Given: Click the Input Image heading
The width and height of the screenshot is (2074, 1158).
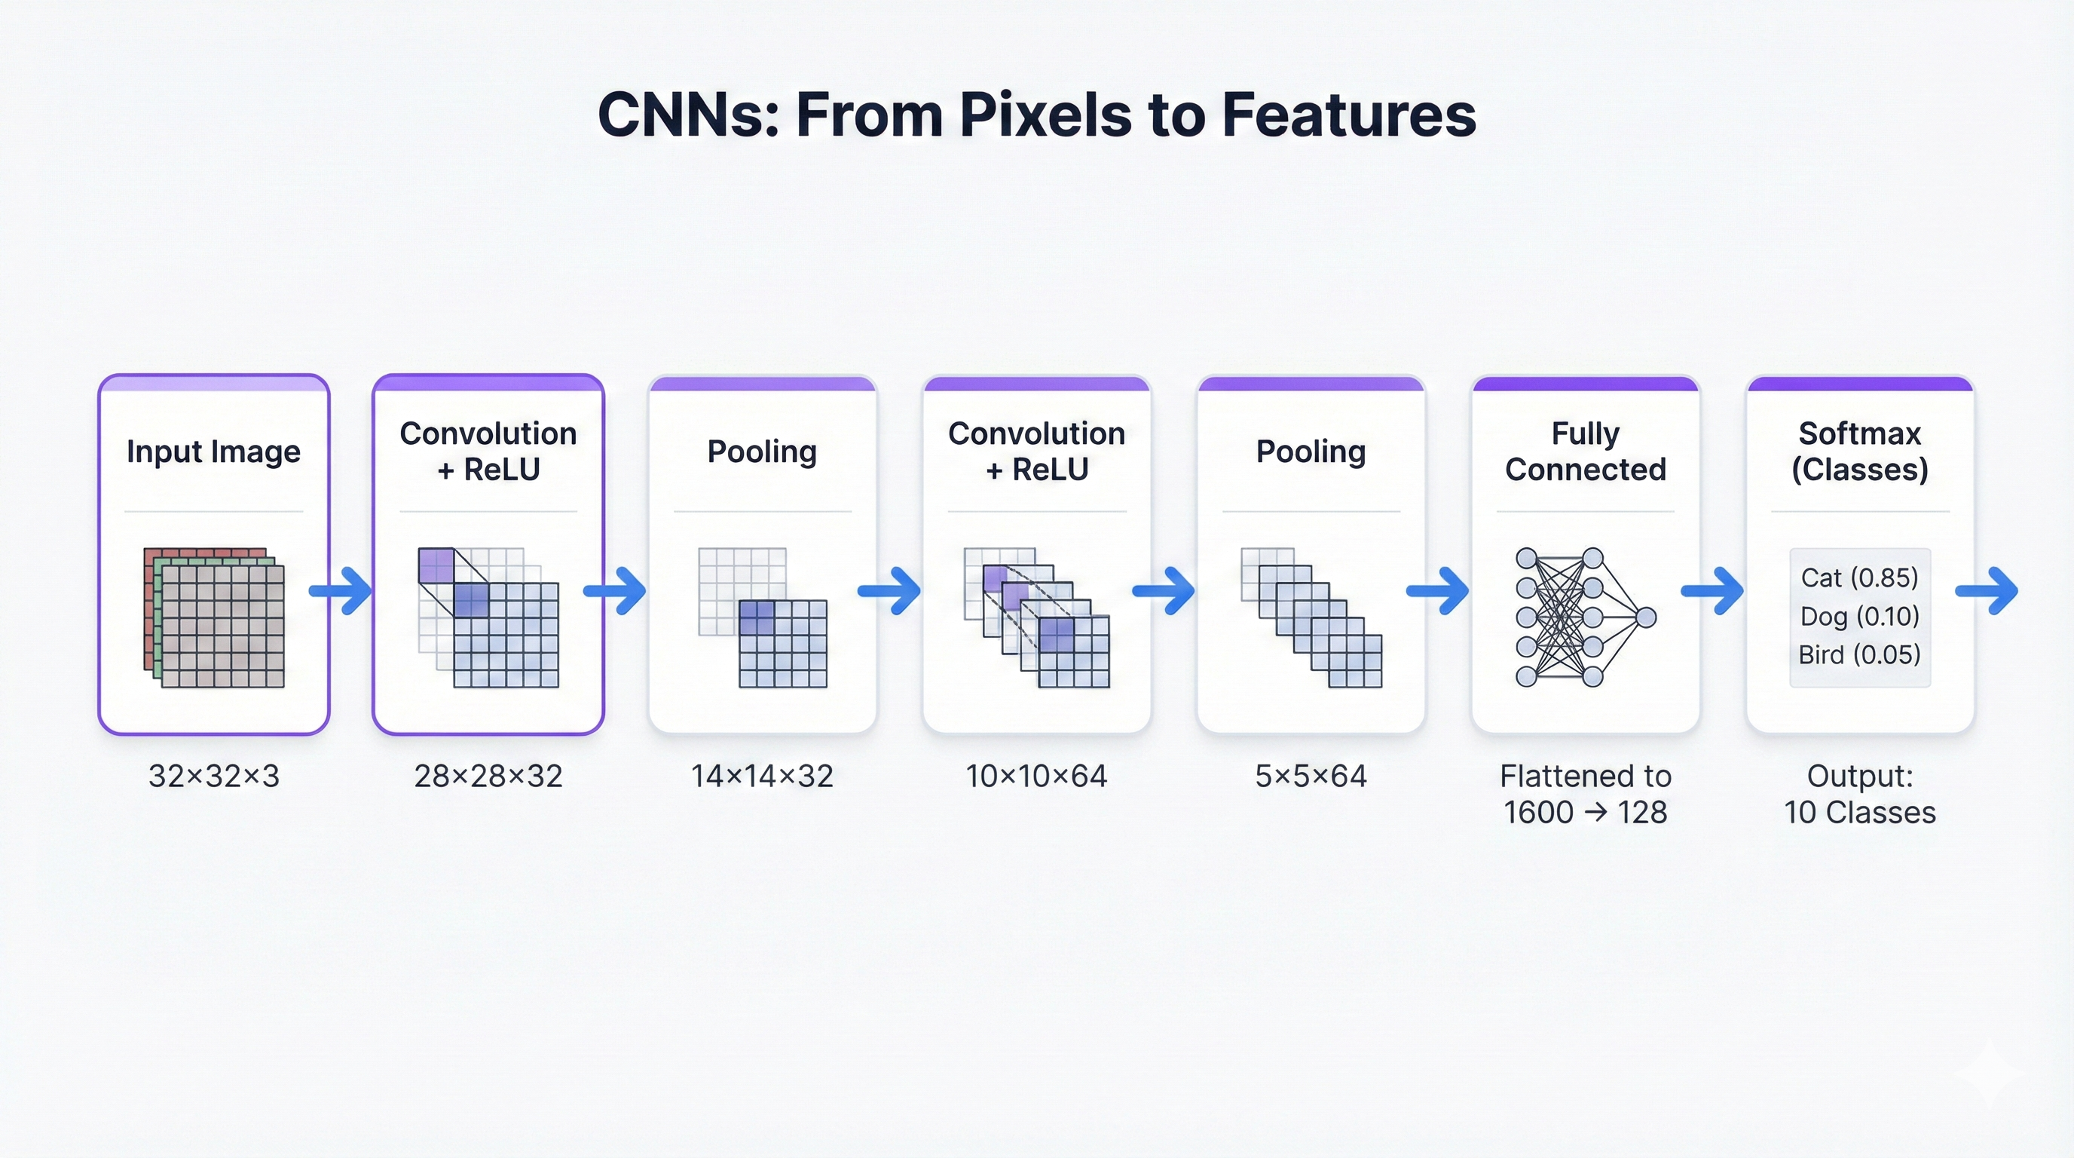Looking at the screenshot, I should (213, 451).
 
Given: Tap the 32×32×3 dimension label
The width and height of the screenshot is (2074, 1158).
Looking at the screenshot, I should (214, 777).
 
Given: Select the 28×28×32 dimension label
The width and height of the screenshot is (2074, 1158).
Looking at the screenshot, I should (488, 777).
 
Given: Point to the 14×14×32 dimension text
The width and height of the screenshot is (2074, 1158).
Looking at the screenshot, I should (762, 777).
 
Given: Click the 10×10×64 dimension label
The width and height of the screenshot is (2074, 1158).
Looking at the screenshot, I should (1036, 777).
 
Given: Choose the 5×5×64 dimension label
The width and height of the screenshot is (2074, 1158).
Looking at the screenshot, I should (1311, 777).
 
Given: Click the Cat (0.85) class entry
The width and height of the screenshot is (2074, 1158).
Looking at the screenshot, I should (1859, 577).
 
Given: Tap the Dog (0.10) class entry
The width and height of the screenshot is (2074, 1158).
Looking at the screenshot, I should (1859, 616).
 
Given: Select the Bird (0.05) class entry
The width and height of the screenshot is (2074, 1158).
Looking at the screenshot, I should (1859, 654).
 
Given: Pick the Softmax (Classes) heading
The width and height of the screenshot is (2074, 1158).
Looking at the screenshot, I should (1859, 451).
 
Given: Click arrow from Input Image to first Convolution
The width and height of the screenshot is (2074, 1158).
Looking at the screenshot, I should (341, 591).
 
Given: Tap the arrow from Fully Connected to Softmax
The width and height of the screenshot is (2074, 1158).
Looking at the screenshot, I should (1712, 591).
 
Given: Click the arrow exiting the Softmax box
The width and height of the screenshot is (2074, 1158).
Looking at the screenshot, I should (1987, 591).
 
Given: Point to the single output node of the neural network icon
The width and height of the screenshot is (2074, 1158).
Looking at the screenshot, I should (1647, 617).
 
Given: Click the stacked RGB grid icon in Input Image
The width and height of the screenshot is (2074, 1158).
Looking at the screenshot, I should (214, 617).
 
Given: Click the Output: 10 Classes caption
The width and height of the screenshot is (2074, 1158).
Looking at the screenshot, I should (1859, 794).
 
